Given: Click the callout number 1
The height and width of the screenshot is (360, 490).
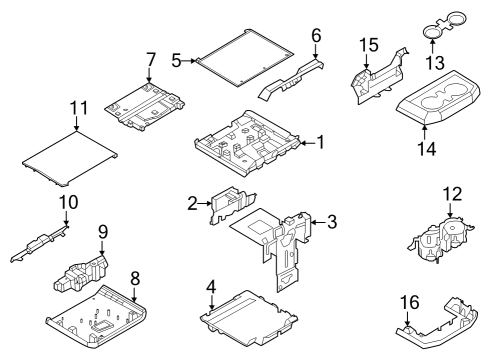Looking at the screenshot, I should (320, 143).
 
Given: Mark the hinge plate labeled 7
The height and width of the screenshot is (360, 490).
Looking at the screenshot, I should (149, 101).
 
